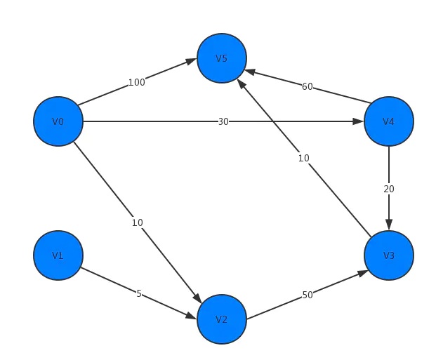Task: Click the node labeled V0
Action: [x=58, y=121]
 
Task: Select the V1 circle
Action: [x=58, y=255]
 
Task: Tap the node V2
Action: [x=222, y=319]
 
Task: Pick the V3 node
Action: [x=389, y=255]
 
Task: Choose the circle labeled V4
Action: [x=389, y=121]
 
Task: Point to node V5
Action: [x=222, y=58]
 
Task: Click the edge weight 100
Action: [x=136, y=82]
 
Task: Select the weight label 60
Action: [x=308, y=87]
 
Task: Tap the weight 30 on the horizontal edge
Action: [x=223, y=121]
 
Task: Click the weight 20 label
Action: [x=389, y=189]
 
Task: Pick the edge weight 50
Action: [x=308, y=295]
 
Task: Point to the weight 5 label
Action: [x=139, y=293]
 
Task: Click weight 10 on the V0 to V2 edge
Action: [x=138, y=222]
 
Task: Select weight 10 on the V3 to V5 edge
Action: [x=303, y=158]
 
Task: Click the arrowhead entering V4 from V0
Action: [x=358, y=121]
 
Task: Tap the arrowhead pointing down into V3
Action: [x=389, y=225]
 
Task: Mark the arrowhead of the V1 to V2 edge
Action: [x=191, y=316]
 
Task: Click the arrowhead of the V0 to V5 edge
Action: [x=191, y=61]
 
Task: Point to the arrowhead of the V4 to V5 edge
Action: [x=249, y=72]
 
